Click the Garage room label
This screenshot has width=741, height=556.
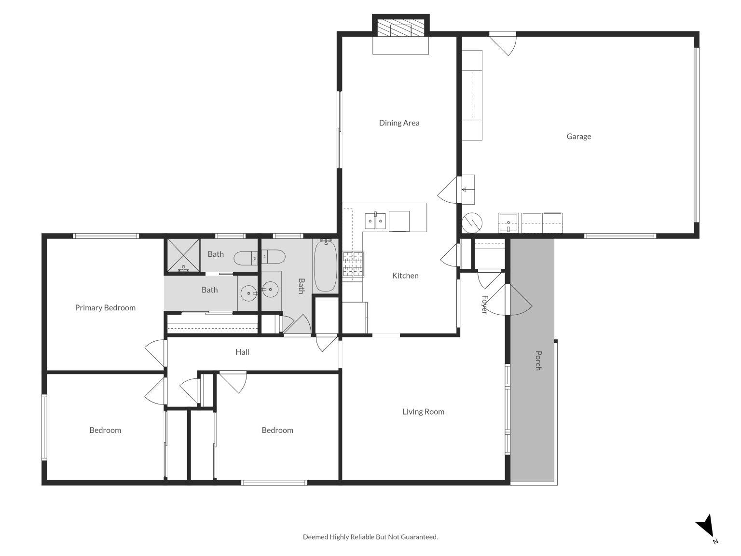click(x=578, y=137)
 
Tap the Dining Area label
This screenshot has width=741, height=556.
click(x=399, y=123)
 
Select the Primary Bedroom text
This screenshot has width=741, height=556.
click(x=105, y=308)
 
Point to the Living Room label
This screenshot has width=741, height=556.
click(x=423, y=412)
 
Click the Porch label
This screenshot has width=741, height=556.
click(x=538, y=361)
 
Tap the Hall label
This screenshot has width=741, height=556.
click(x=242, y=352)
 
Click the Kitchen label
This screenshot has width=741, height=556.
click(x=405, y=276)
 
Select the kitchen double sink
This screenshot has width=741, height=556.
click(x=375, y=222)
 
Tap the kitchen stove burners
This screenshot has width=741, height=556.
click(x=353, y=264)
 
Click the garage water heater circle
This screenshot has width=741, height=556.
click(x=472, y=222)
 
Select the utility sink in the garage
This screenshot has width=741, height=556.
click(x=508, y=223)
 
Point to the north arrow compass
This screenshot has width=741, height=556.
click(x=706, y=527)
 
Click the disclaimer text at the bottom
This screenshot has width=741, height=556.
click(x=370, y=537)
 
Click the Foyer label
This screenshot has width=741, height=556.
click(x=484, y=305)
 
